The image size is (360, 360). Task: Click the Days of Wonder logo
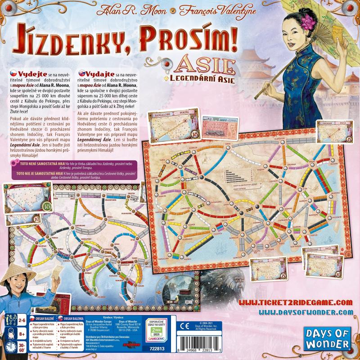[330, 338]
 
